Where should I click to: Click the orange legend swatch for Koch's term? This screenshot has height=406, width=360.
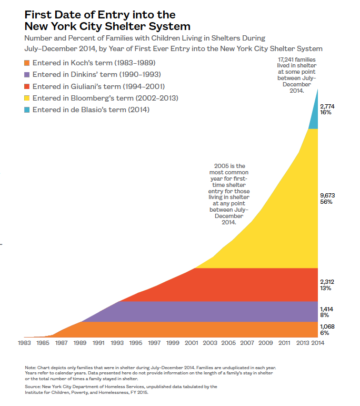point(27,63)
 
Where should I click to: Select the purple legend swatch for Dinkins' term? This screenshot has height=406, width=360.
point(27,74)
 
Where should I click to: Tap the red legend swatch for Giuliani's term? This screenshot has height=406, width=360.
point(27,86)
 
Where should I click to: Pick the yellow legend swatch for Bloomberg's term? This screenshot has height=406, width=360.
point(27,98)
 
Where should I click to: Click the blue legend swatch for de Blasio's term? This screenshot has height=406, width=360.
point(27,110)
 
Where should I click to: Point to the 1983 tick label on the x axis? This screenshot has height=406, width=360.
point(24,343)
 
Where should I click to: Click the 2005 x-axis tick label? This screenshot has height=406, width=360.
point(228,343)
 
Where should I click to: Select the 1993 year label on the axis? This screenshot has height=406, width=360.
point(117,343)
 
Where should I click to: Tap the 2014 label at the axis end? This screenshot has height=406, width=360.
point(317,343)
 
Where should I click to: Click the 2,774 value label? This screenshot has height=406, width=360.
point(327,106)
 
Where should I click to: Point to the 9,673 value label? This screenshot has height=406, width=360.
point(327,195)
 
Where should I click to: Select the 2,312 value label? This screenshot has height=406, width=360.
point(327,282)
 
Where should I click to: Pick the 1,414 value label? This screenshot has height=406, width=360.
point(327,309)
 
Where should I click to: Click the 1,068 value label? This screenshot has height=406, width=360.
point(327,326)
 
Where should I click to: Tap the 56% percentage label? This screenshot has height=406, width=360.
point(326,202)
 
